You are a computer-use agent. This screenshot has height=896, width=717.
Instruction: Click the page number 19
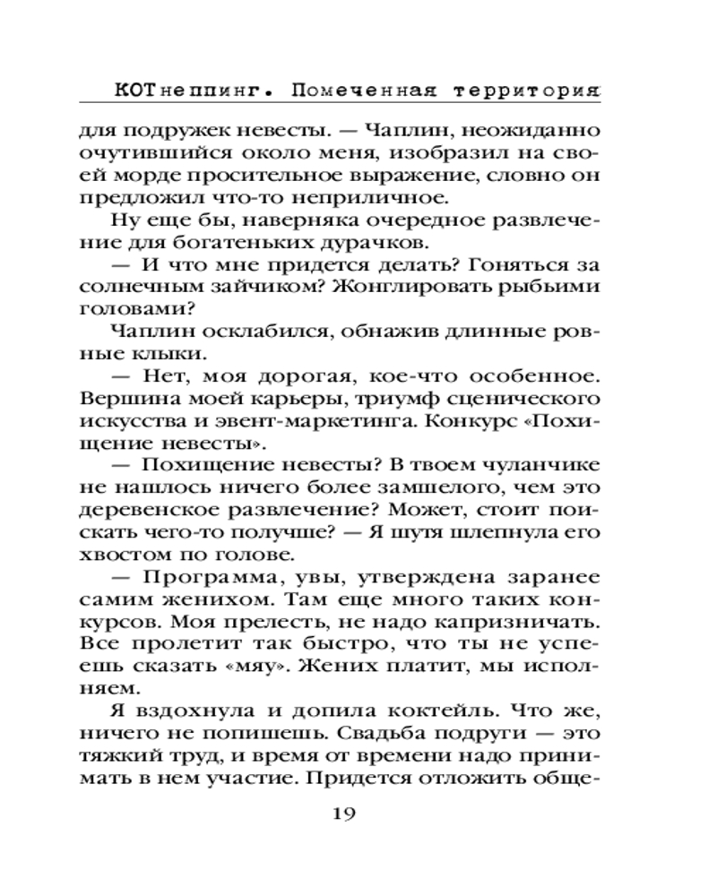tap(345, 814)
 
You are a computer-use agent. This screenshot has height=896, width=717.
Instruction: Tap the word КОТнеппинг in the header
tap(186, 90)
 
